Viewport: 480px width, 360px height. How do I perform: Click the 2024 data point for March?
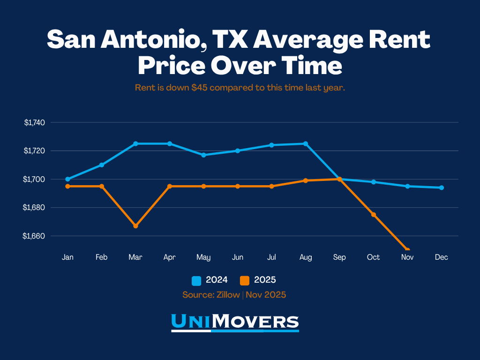pos(135,143)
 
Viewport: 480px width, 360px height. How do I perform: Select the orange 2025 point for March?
pos(135,226)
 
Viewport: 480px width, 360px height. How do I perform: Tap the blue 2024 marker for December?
pos(441,187)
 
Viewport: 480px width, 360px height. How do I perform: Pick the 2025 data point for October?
pos(373,214)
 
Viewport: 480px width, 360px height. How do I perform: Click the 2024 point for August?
pos(306,143)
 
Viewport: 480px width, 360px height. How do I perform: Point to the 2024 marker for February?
pos(102,165)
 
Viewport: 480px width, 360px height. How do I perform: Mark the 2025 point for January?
pos(67,186)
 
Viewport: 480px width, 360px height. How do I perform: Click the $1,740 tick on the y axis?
pos(34,123)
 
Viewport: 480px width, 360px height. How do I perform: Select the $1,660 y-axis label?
pos(34,236)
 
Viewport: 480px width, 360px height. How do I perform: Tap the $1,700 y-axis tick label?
pos(34,179)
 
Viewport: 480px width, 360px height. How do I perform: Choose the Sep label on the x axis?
pos(339,257)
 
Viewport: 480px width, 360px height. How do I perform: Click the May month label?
pos(203,257)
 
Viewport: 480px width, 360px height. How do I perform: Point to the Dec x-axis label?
pos(441,257)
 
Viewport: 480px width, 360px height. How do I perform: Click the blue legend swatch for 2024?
pos(196,280)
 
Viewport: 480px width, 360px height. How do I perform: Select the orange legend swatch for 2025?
pos(245,280)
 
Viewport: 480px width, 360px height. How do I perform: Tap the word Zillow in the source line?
pos(227,295)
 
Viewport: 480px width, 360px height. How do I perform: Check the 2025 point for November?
pos(407,250)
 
